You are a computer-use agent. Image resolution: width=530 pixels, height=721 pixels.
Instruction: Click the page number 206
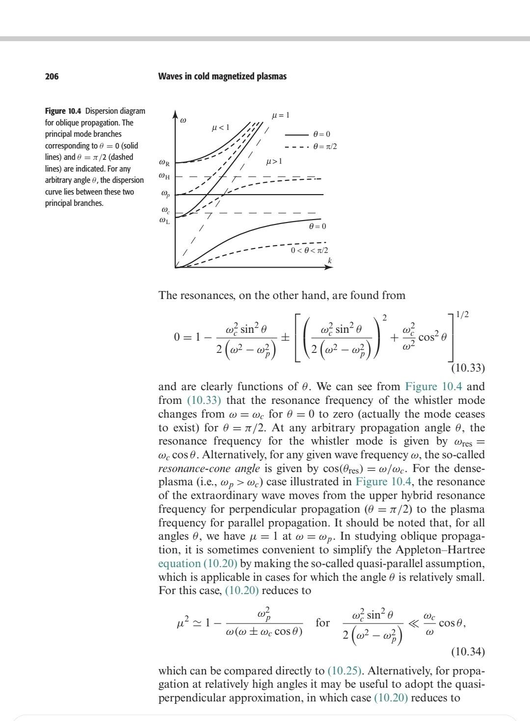pyautogui.click(x=52, y=76)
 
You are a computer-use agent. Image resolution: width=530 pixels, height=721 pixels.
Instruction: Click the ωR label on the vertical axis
pyautogui.click(x=165, y=162)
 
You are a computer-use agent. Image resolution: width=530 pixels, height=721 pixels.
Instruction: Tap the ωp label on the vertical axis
pyautogui.click(x=165, y=194)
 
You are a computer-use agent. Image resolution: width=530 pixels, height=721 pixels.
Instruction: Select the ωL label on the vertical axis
pyautogui.click(x=165, y=221)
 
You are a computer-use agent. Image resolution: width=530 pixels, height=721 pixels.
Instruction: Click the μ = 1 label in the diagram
pyautogui.click(x=281, y=115)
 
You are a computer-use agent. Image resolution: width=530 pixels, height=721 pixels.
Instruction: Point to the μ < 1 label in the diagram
pyautogui.click(x=220, y=128)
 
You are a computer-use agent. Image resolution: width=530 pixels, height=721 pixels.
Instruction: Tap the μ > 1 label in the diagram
pyautogui.click(x=274, y=161)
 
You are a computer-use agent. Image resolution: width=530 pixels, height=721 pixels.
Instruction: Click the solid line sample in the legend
pyautogui.click(x=295, y=134)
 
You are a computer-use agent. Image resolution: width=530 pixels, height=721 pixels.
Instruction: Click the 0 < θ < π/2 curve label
pyautogui.click(x=310, y=250)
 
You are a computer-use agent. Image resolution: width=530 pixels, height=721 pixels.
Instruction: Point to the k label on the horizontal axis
pyautogui.click(x=330, y=260)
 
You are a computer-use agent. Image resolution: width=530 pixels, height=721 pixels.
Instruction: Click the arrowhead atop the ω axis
pyautogui.click(x=175, y=115)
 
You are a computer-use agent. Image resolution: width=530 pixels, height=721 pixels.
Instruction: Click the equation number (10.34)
pyautogui.click(x=468, y=652)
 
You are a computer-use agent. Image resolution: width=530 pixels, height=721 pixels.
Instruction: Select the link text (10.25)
pyautogui.click(x=344, y=671)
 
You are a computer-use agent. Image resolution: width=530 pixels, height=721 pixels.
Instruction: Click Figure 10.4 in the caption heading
pyautogui.click(x=63, y=111)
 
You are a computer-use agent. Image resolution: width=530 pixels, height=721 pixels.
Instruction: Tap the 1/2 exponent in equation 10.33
pyautogui.click(x=462, y=314)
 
